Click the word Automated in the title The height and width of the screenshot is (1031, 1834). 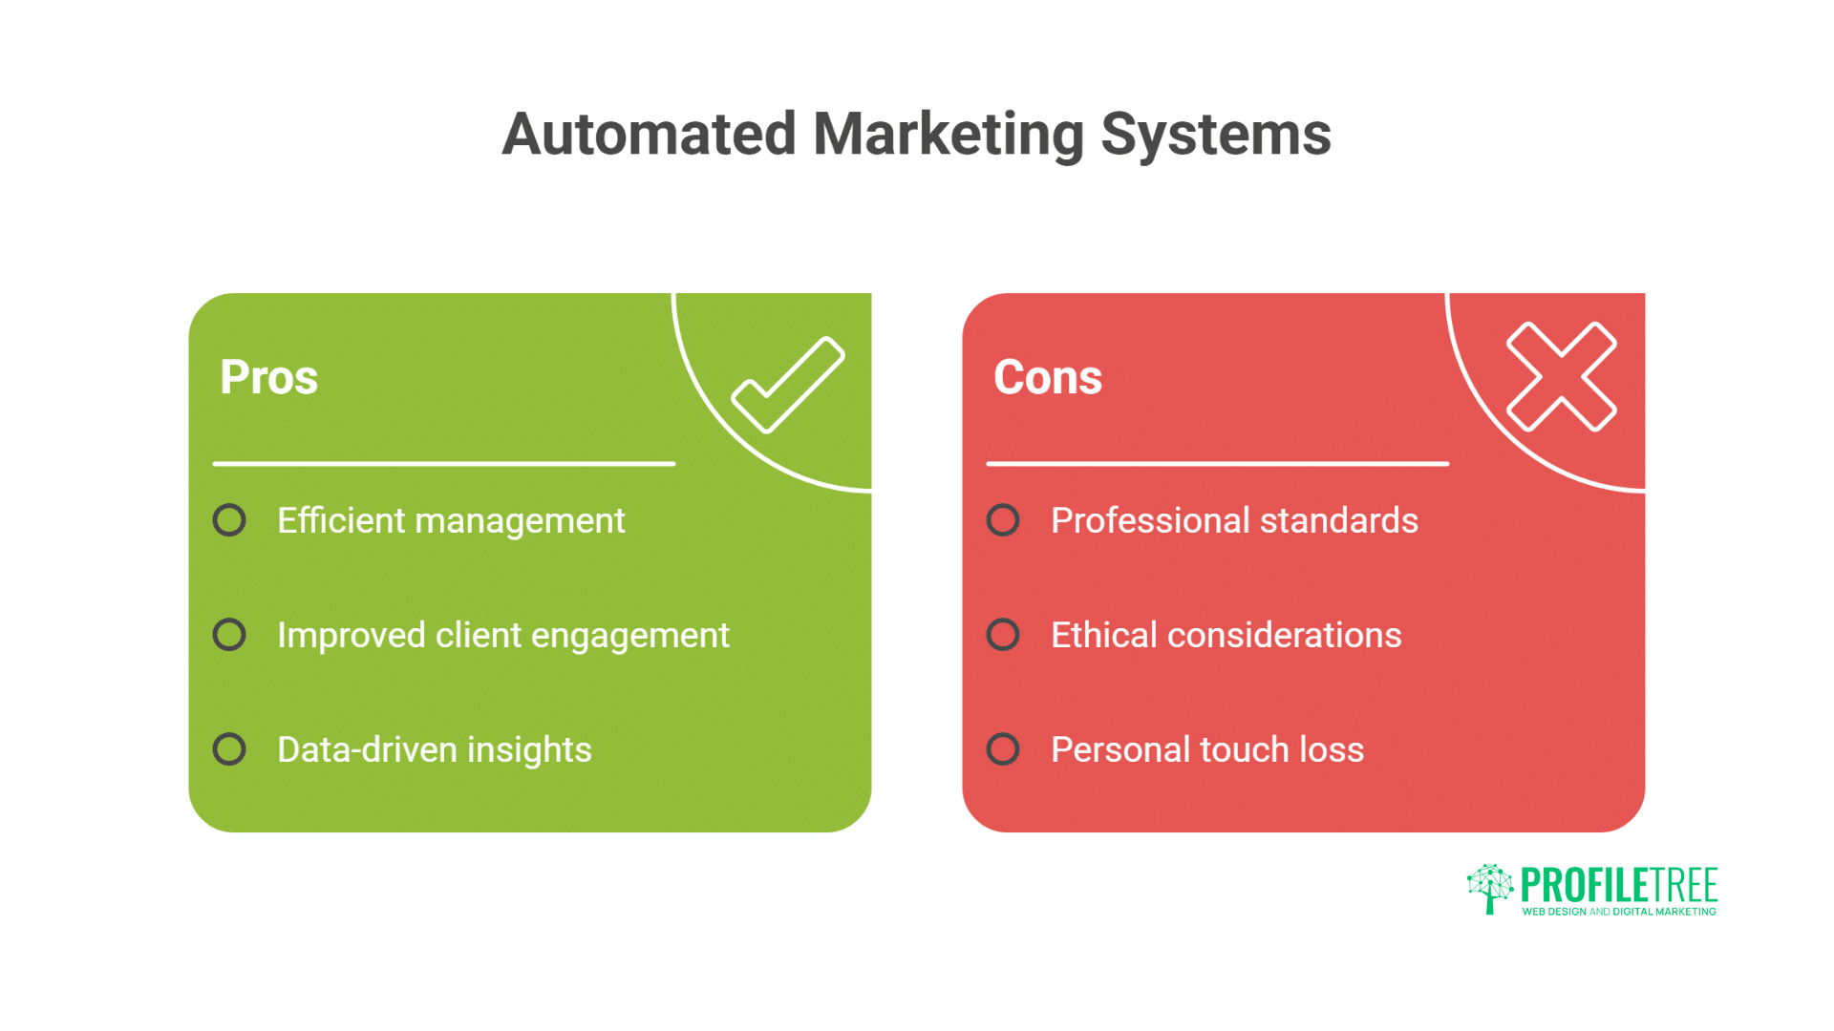[x=649, y=134]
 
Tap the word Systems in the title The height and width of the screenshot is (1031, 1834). [x=1215, y=135]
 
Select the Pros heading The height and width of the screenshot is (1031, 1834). [x=268, y=377]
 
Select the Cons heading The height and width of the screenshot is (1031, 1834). [x=1047, y=377]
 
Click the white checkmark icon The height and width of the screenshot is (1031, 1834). [x=788, y=384]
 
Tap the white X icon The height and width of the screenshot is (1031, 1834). [x=1561, y=376]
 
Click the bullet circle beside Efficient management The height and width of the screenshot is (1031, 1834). [x=229, y=520]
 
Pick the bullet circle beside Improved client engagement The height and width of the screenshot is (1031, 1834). [x=229, y=635]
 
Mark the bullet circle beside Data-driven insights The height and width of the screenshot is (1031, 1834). [x=229, y=749]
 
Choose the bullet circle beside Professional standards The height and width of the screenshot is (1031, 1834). [x=1003, y=520]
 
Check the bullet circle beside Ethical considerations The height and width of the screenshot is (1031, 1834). [x=1003, y=635]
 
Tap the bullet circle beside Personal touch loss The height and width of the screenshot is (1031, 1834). [x=1003, y=749]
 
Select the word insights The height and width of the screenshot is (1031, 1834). [x=529, y=750]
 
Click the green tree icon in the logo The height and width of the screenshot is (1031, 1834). [x=1489, y=888]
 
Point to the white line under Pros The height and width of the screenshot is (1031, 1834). [x=444, y=464]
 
